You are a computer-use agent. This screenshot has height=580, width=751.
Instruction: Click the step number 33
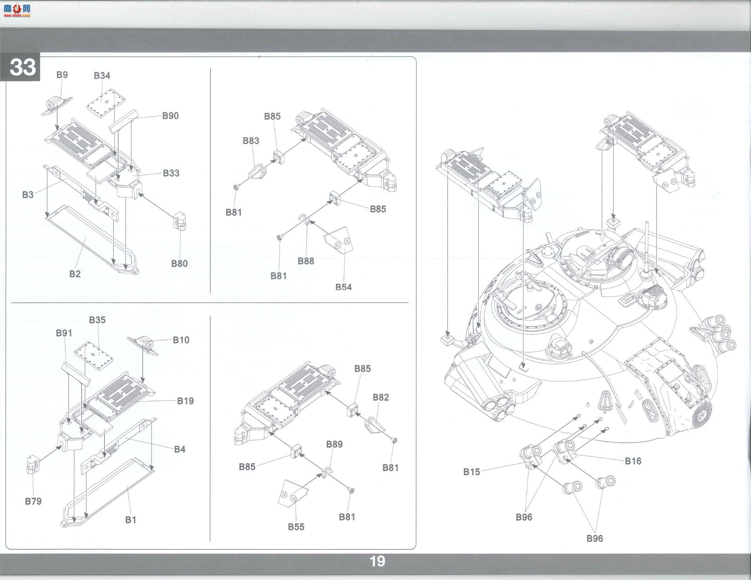(23, 67)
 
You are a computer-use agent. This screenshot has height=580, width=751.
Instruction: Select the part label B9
(62, 75)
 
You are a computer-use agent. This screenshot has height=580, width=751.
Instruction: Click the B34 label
(102, 76)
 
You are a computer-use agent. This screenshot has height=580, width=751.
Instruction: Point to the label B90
(170, 116)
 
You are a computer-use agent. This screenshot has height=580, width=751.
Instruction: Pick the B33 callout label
(171, 173)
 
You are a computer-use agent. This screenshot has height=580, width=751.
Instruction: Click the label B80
(179, 263)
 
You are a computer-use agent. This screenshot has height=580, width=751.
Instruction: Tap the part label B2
(75, 274)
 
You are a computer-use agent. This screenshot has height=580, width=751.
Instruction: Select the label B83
(251, 141)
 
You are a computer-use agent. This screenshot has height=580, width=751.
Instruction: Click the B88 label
(306, 261)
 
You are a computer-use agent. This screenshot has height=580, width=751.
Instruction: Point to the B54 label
(344, 287)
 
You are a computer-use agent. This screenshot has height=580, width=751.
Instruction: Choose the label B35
(97, 320)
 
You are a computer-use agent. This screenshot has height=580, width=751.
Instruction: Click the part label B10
(181, 340)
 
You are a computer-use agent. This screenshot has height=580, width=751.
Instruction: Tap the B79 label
(33, 501)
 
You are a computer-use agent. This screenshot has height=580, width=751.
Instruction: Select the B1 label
(131, 520)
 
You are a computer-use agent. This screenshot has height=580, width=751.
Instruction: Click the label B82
(381, 397)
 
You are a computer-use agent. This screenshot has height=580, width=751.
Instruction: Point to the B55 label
(296, 527)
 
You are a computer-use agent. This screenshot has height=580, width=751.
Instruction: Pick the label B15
(472, 472)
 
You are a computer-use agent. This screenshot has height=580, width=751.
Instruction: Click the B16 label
(633, 461)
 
